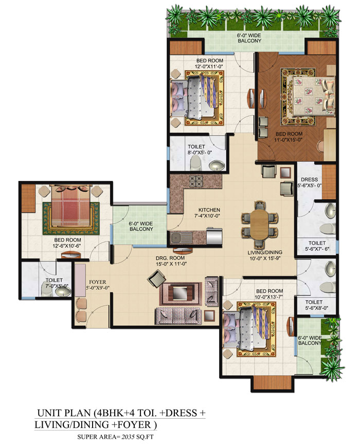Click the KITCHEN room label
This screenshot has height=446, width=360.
(x=209, y=210)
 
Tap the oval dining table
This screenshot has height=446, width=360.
(x=259, y=225)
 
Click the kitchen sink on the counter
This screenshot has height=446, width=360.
(x=180, y=237)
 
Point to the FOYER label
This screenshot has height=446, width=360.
(x=98, y=282)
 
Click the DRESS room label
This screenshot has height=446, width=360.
(x=310, y=179)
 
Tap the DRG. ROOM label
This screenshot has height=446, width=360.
(x=170, y=258)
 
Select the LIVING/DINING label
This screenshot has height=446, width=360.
(x=265, y=252)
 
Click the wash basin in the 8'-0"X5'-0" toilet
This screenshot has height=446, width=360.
(x=217, y=165)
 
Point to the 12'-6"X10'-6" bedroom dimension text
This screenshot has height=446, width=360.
(x=67, y=246)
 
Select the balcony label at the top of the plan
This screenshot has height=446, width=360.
(x=249, y=38)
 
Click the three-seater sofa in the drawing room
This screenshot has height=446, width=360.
(x=178, y=316)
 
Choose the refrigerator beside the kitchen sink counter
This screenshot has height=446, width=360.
(x=214, y=236)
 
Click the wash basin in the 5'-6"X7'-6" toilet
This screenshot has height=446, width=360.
(x=330, y=210)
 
